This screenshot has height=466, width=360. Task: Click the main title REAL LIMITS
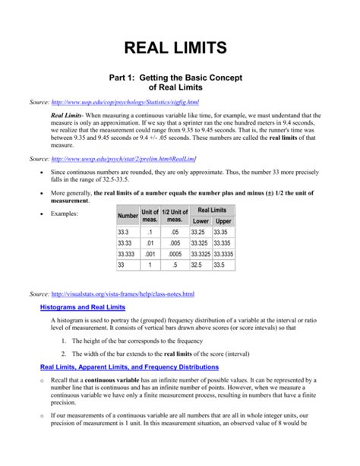point(180,49)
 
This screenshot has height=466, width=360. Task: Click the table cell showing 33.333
point(128,254)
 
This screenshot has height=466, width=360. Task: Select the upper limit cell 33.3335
point(224,254)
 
